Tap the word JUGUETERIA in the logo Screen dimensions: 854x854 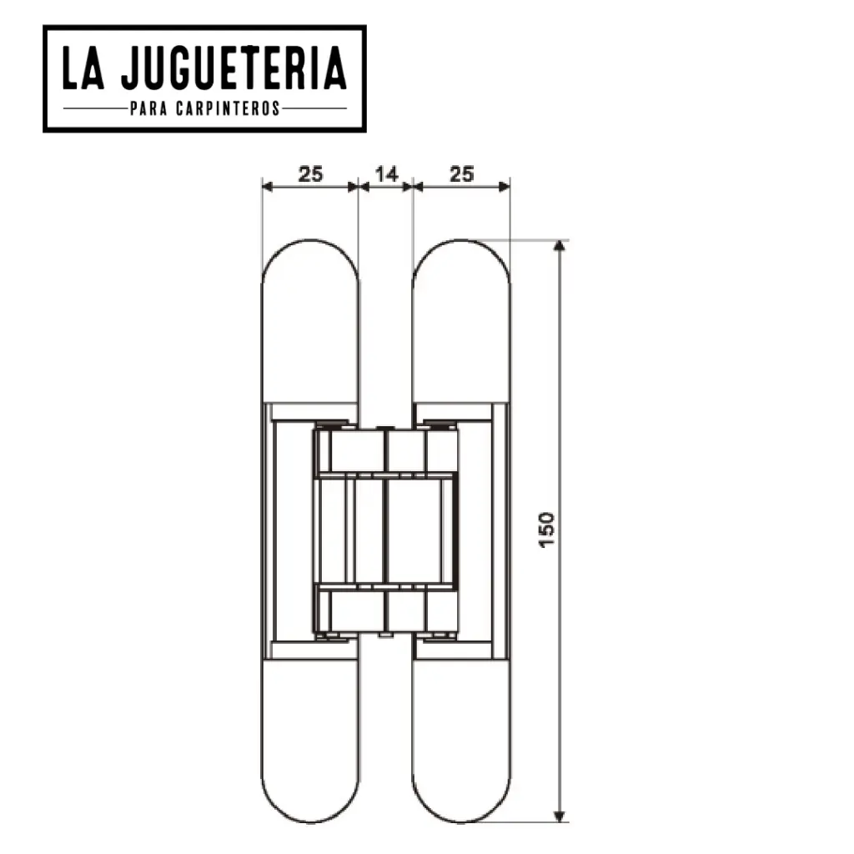click(233, 69)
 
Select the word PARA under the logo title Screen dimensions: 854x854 click(148, 108)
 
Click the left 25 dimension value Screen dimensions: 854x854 click(310, 173)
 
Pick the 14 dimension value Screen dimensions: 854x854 click(386, 173)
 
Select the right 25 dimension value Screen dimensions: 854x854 click(461, 173)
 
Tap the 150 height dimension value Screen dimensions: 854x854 click(546, 530)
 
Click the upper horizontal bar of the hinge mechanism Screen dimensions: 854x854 click(385, 476)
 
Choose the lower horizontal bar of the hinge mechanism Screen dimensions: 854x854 click(385, 585)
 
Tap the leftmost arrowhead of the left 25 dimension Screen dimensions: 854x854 click(267, 188)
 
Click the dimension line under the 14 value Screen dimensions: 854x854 click(386, 188)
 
